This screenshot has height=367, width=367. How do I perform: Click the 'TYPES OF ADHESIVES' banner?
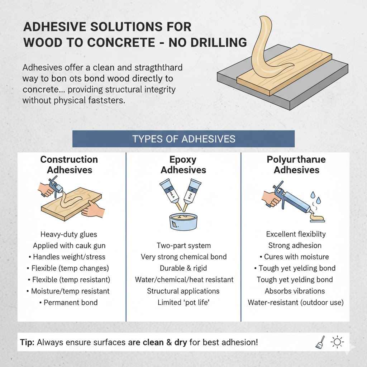183,139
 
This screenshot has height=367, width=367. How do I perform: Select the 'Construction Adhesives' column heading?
69,164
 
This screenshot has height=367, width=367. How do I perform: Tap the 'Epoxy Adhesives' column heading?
183,164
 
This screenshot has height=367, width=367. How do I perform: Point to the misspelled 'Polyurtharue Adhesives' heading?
296,164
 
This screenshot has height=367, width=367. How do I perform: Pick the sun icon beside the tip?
337,342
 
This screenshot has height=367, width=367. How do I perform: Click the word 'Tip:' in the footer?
27,342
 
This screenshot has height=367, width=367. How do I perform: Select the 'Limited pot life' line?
183,302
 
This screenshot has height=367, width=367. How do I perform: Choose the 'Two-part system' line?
183,246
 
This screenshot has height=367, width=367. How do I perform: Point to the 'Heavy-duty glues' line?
69,234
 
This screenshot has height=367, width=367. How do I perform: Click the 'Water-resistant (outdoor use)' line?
296,302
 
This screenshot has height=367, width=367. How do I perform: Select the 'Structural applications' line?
183,291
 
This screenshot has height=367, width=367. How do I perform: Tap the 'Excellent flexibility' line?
296,234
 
